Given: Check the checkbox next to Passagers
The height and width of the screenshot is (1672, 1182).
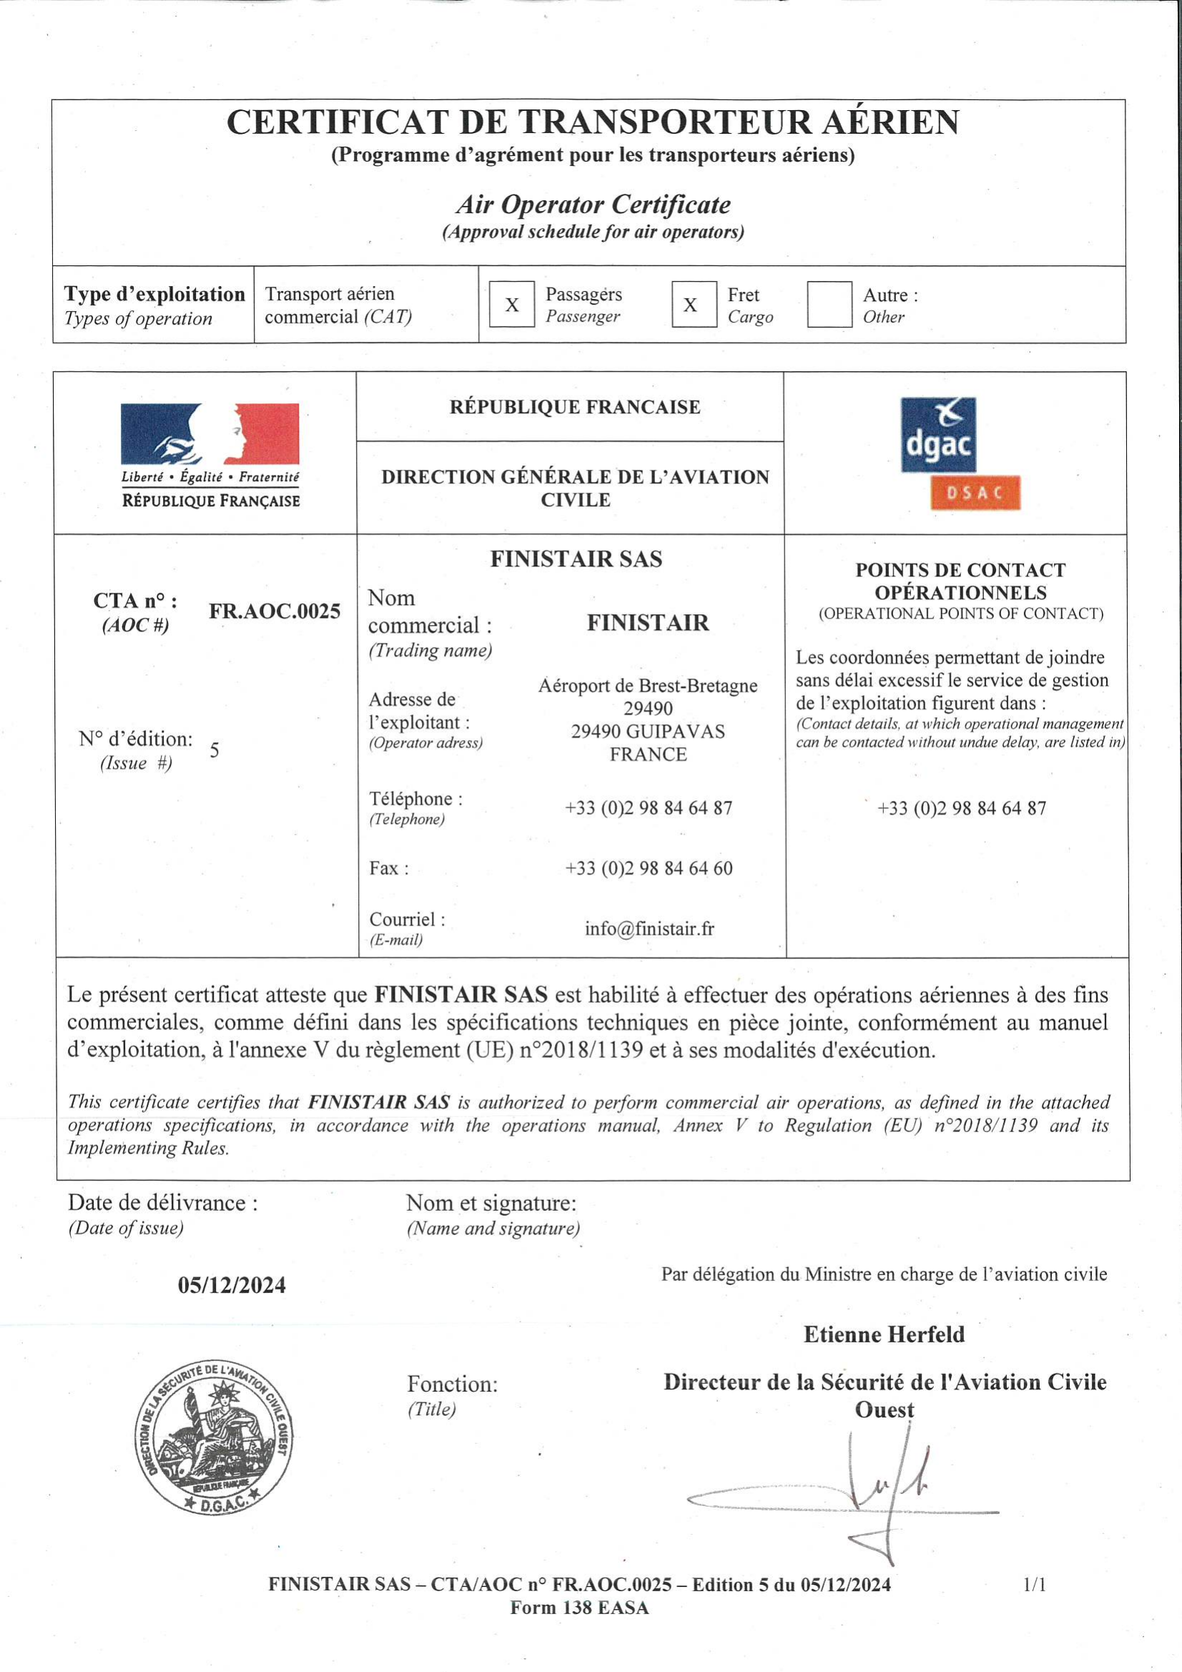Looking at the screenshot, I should [x=511, y=305].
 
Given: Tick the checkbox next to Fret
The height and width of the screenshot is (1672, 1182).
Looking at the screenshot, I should [x=694, y=305].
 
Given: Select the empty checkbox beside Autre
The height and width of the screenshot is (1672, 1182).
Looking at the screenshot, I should [x=829, y=305].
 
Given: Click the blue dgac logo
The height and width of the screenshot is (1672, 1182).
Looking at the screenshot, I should [x=938, y=435].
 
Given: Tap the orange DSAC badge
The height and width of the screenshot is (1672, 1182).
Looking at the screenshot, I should [x=975, y=493].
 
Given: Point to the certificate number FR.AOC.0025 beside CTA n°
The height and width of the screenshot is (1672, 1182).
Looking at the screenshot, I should [x=275, y=611].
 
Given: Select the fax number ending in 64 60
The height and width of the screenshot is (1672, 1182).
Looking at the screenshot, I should [x=649, y=868].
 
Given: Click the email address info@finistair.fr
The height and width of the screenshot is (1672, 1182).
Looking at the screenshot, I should [x=649, y=929].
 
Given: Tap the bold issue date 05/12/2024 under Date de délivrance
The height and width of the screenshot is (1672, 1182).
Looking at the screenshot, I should [x=232, y=1285].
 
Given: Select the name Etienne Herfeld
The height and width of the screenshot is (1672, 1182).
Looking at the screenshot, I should [x=884, y=1334].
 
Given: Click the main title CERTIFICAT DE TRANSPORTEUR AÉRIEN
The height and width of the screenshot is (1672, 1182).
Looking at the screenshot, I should [x=592, y=122].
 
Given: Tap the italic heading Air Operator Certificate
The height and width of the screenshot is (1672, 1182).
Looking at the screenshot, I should [x=593, y=205].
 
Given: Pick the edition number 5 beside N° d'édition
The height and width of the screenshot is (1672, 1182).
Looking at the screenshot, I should [x=214, y=750].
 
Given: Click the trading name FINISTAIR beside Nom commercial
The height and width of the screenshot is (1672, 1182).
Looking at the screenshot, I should [x=647, y=623].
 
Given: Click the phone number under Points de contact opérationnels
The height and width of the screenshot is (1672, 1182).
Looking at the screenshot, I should [x=961, y=808].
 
